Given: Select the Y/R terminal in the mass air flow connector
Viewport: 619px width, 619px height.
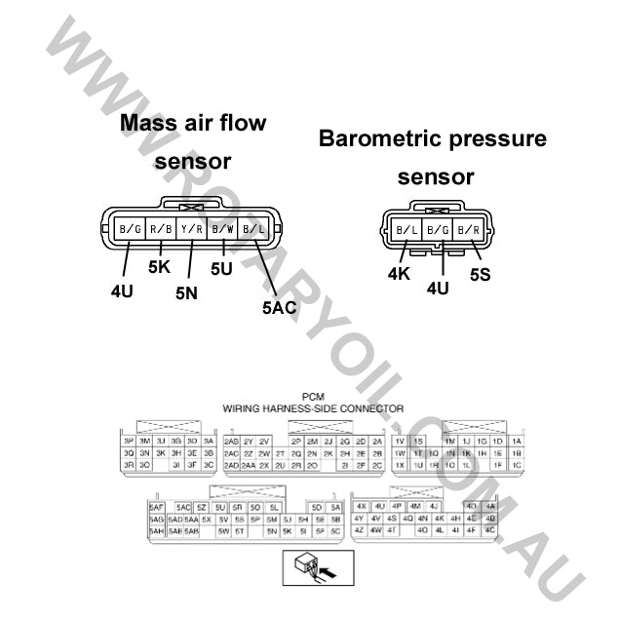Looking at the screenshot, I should point(191,230).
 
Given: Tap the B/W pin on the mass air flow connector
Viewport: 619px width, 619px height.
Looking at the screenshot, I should point(222,230).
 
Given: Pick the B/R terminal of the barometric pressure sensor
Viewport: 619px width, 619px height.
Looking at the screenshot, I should point(470,231).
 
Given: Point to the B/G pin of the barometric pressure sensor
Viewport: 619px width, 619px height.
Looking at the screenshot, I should point(439,231).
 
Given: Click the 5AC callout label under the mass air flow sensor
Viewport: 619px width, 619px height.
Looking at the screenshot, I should point(279,308).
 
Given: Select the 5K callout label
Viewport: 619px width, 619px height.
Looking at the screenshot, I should point(159,267).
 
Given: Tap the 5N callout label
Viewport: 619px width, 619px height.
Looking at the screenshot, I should point(186,290).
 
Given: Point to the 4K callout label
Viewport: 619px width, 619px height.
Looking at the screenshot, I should point(399,274).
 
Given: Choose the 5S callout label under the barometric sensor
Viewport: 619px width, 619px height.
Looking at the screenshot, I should point(480,275).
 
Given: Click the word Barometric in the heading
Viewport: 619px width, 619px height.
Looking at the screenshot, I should point(380,138).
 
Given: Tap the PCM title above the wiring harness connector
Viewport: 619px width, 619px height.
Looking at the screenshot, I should point(313,397).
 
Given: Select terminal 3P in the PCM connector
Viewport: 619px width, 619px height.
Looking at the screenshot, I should point(128,441).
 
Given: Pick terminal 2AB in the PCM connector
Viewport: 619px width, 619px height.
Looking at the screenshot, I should point(232,441).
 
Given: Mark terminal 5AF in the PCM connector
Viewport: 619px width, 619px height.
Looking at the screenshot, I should point(156,508).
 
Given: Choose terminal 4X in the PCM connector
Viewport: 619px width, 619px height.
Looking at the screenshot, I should point(361,507).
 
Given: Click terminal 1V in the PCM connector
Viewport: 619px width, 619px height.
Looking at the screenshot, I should point(400,441).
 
